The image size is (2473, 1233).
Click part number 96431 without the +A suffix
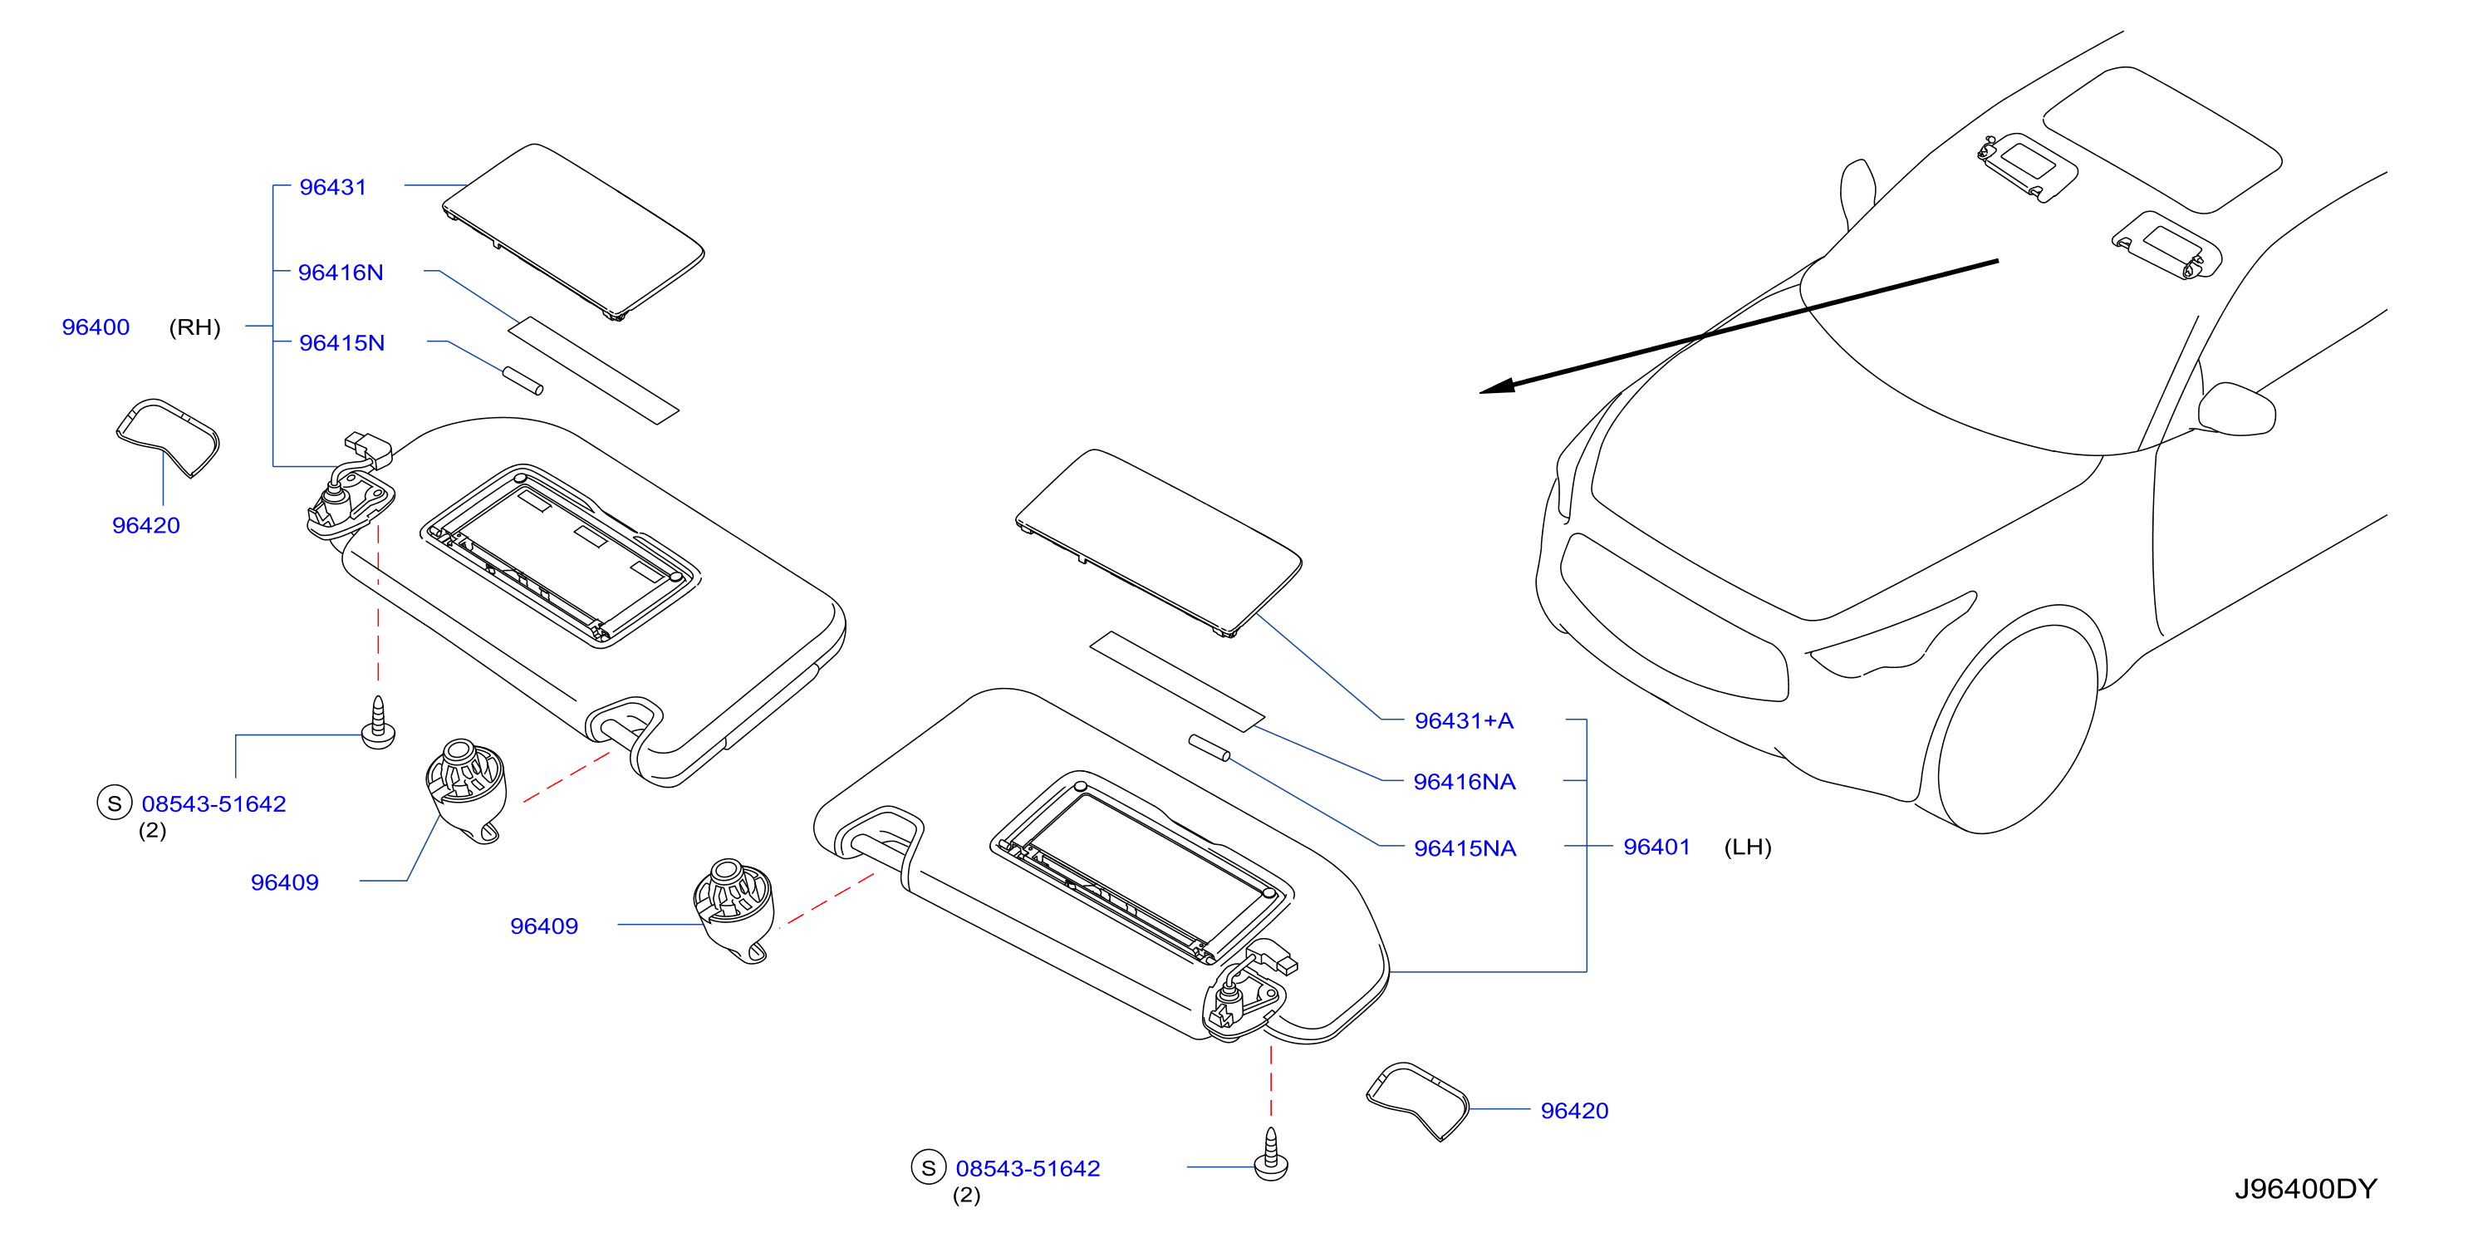click(332, 187)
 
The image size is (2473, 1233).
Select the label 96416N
click(340, 273)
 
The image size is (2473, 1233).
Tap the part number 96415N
click(341, 343)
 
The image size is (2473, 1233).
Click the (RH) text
click(195, 327)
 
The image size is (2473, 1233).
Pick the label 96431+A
click(1463, 721)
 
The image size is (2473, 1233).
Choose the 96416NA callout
click(1464, 783)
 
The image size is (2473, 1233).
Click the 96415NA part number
click(1465, 849)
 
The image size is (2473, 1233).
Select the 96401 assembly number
click(1656, 847)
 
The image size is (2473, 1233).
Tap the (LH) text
click(1747, 847)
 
